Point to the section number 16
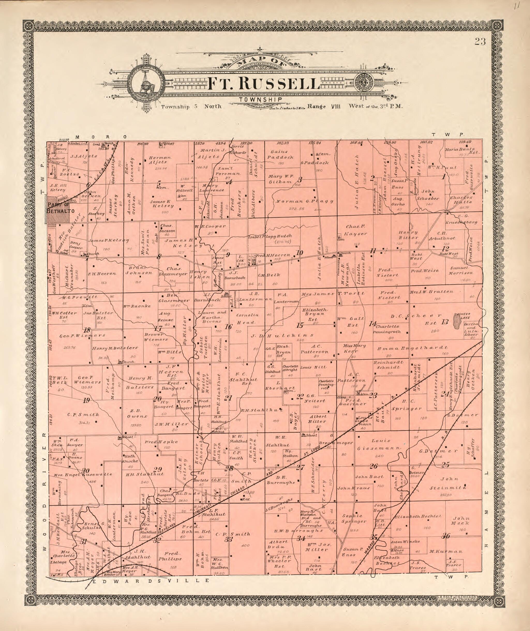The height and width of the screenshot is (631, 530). [229, 326]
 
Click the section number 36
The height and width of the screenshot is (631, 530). [446, 544]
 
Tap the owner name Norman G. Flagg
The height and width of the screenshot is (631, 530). [304, 201]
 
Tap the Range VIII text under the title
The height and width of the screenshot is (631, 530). [323, 106]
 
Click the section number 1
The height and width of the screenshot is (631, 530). [443, 177]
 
